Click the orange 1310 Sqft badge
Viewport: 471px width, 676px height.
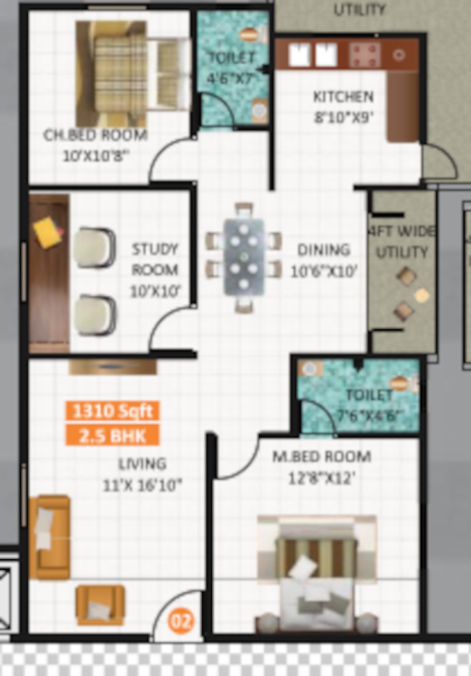[x=109, y=409]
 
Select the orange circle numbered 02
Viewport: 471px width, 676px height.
[x=181, y=622]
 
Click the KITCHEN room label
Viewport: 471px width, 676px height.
[x=342, y=97]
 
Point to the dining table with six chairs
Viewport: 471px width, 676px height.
[x=244, y=257]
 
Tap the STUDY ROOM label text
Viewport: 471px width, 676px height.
[x=155, y=259]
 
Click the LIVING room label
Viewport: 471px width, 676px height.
[x=141, y=463]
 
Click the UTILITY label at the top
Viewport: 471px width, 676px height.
[x=359, y=10]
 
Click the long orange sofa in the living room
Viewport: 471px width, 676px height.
[x=49, y=536]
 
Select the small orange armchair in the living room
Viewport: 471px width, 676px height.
[x=99, y=605]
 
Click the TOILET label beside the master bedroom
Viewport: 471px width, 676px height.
[x=368, y=395]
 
